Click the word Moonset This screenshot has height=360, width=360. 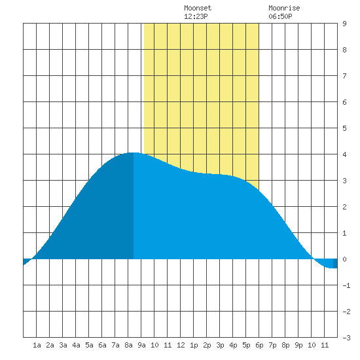point(198,8)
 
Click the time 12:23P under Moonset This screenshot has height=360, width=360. point(196,16)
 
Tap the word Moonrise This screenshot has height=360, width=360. point(284,8)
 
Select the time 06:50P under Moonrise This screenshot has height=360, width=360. point(280,16)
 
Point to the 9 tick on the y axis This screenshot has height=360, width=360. point(344,24)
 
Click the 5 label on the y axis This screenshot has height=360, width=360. point(344,128)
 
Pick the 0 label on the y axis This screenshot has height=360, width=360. point(344,259)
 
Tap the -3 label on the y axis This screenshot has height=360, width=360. point(346,338)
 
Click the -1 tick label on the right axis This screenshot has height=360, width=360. point(346,285)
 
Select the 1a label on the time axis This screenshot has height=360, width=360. point(37,345)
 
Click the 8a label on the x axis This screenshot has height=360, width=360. point(128,345)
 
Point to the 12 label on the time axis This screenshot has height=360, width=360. point(181,345)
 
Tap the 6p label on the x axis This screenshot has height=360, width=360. point(259,345)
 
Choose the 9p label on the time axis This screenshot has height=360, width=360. point(298,345)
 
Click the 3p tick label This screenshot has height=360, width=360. point(220,345)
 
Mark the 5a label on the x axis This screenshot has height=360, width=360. point(89,345)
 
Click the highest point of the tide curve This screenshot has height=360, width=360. point(133,153)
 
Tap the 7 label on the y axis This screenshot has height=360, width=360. point(344,76)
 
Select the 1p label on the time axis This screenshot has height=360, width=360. point(194,345)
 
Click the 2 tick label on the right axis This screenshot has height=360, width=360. point(344,207)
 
